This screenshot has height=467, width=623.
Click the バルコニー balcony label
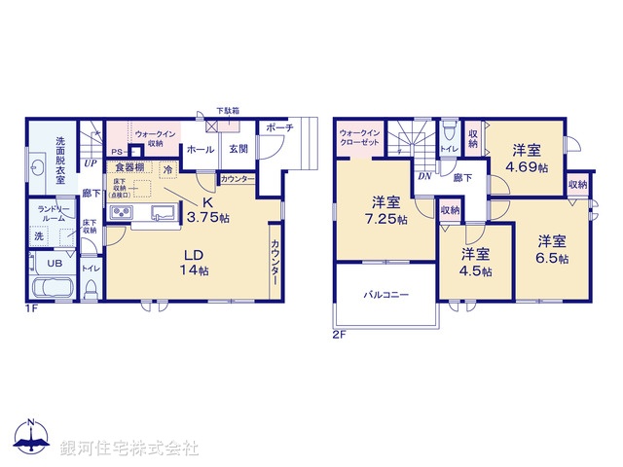click(386, 293)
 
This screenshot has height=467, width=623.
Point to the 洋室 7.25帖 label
click(386, 210)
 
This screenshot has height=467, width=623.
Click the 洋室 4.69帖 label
click(527, 159)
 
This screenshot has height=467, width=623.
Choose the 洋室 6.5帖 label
click(553, 250)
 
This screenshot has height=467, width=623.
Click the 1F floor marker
click(33, 308)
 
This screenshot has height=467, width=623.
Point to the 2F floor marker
click(338, 337)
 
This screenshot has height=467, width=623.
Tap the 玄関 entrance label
click(237, 150)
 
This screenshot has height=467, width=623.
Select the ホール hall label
click(200, 150)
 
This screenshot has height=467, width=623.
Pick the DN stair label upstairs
click(424, 176)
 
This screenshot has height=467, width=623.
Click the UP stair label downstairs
click(89, 163)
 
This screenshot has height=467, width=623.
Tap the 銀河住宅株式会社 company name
click(128, 449)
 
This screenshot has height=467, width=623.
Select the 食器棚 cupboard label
click(131, 167)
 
